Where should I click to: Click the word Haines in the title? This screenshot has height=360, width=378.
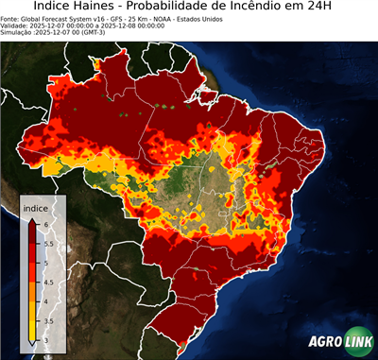[x=98, y=8]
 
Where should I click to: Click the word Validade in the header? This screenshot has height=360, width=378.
[x=17, y=26]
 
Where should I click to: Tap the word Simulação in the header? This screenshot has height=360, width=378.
[x=19, y=32]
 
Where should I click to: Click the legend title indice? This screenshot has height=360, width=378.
[x=35, y=206]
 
